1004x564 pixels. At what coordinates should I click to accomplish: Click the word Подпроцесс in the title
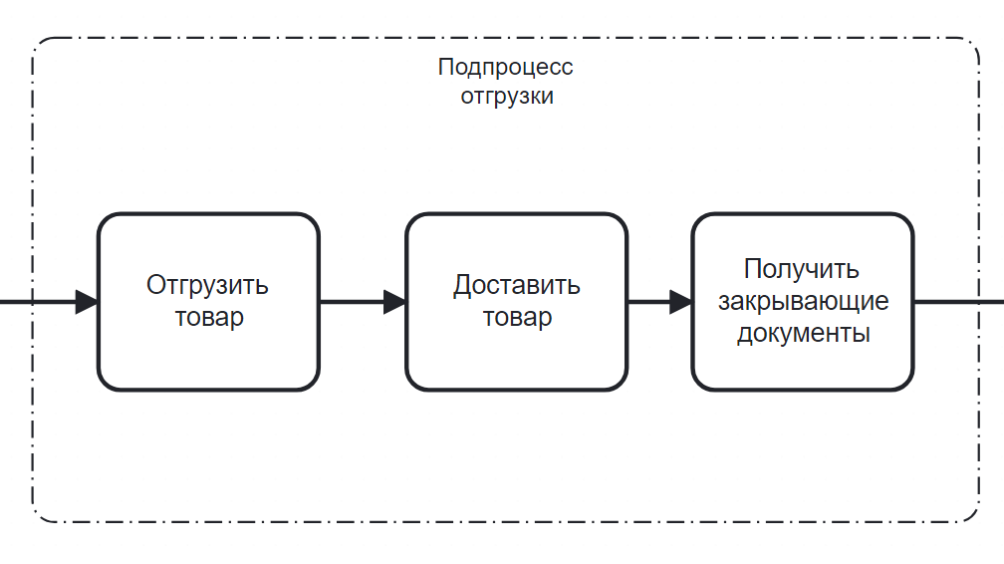[x=505, y=68]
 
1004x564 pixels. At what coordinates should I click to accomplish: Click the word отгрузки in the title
[x=506, y=97]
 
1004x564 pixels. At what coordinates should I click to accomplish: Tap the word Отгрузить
[x=207, y=286]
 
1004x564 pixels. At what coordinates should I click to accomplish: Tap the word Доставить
[x=516, y=286]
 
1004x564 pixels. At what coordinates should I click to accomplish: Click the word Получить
[x=802, y=269]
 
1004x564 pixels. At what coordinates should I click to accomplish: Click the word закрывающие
[x=803, y=301]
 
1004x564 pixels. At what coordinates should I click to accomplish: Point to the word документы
[x=803, y=333]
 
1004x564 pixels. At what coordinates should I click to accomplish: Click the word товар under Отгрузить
[x=209, y=318]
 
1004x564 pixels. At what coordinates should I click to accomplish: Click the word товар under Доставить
[x=517, y=318]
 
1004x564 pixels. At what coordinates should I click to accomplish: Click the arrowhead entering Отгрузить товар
[x=87, y=301]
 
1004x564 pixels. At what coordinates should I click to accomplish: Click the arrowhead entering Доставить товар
[x=394, y=301]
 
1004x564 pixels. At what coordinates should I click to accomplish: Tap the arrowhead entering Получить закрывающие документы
[x=681, y=301]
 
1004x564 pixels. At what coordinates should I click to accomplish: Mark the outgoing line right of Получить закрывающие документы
[x=958, y=301]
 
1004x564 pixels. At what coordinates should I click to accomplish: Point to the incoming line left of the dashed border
[x=15, y=301]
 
